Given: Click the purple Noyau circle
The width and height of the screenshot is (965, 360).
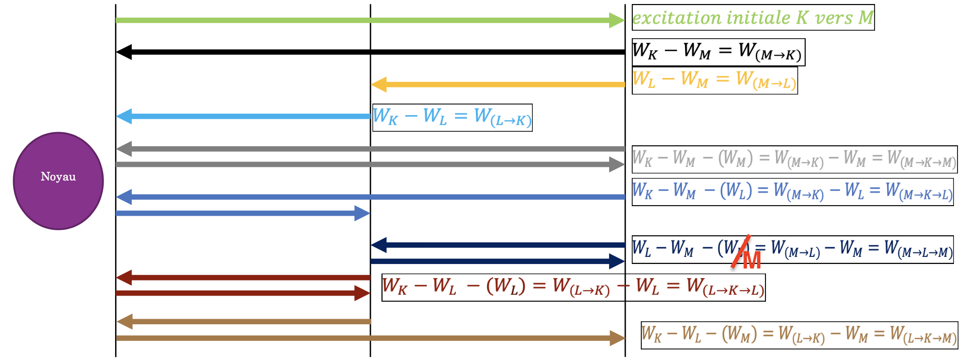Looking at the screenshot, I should click(x=58, y=181).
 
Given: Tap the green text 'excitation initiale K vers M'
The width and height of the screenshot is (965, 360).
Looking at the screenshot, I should click(x=752, y=18).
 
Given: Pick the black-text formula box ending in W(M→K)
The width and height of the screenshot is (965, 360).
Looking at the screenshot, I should click(x=718, y=52).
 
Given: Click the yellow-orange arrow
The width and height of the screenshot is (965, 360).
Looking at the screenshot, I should click(x=498, y=84).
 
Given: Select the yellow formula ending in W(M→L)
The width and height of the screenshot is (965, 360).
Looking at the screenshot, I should click(x=714, y=80).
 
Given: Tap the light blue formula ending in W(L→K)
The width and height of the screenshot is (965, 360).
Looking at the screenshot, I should click(x=452, y=117).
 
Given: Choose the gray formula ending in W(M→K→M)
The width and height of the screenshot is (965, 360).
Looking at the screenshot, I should click(x=794, y=159).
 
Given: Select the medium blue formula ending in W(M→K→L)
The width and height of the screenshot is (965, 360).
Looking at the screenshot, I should click(x=792, y=192).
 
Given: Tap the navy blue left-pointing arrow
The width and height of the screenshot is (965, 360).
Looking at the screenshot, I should click(x=498, y=245).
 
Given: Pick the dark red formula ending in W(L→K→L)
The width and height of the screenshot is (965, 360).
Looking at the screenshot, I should click(x=573, y=287).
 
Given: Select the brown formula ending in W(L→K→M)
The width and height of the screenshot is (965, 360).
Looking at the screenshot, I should click(x=799, y=335).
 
